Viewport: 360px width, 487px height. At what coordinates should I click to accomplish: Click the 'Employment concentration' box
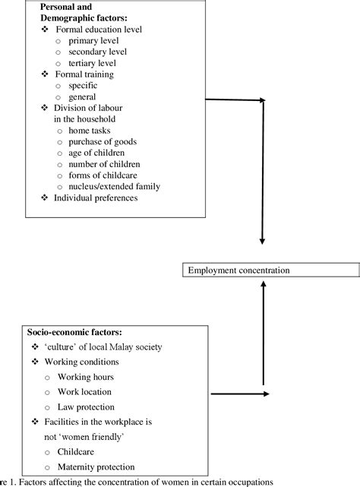(262, 270)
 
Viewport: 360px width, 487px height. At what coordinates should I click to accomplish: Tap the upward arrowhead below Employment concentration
(263, 283)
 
